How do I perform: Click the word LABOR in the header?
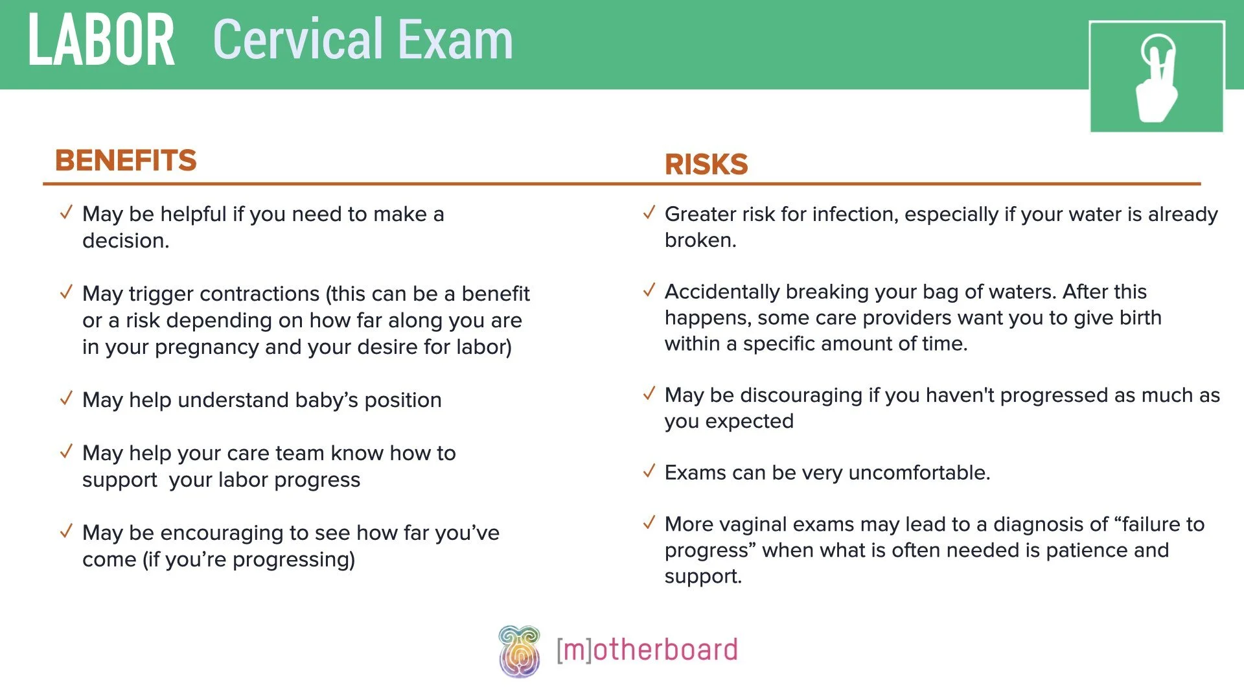[102, 41]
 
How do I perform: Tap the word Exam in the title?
[455, 40]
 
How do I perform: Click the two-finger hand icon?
[1157, 77]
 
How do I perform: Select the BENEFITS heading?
[126, 160]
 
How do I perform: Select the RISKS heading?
[706, 165]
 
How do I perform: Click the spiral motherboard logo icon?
[519, 651]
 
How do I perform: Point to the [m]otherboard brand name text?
[647, 650]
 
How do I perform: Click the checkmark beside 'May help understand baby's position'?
[66, 399]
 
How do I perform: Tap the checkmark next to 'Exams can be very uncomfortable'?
[649, 471]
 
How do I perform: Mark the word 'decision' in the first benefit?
[125, 240]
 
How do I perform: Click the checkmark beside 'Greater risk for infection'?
[649, 213]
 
